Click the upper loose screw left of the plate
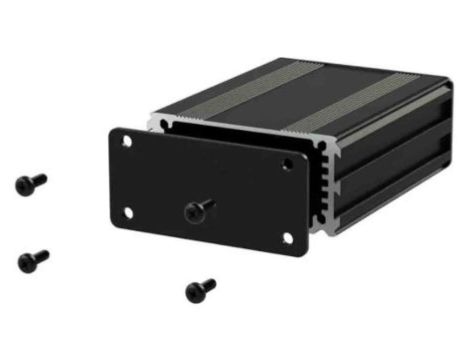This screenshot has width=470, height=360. (x=30, y=183)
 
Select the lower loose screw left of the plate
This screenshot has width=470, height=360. (x=32, y=260)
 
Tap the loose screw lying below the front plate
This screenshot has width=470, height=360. (x=199, y=290)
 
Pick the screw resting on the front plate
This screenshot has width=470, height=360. (x=199, y=209)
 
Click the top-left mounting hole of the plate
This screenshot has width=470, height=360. (x=127, y=141)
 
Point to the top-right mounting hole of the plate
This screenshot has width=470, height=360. (x=291, y=161)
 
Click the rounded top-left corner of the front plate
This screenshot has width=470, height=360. (x=112, y=131)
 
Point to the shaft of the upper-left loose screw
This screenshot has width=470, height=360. (x=39, y=180)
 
